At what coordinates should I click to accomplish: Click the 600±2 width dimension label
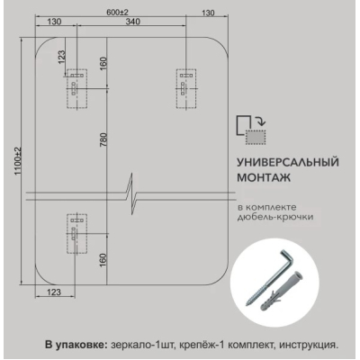coord(118,13)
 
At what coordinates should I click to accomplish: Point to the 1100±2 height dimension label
coord(19,161)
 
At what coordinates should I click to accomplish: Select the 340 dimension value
coord(132,22)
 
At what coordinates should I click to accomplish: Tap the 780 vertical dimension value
coord(103,139)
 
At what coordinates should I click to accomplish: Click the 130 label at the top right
coord(208,13)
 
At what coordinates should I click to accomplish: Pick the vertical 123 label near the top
coord(61,57)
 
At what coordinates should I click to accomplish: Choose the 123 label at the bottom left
coord(54,292)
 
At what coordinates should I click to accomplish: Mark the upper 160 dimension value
coord(103,63)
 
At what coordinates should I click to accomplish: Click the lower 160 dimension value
coord(103,260)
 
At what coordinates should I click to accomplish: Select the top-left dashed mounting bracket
coord(76,88)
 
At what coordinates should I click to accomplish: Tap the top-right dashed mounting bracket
coord(186,88)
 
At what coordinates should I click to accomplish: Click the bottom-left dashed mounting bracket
coord(76,233)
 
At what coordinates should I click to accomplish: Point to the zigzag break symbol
coord(132,193)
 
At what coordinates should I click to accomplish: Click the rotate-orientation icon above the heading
coord(251,130)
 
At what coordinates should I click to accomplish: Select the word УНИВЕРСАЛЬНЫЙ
coord(288,162)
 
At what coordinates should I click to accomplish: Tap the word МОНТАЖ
coord(264,177)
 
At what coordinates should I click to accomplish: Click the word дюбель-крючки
coord(275,216)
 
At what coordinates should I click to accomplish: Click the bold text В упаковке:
coord(76,345)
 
